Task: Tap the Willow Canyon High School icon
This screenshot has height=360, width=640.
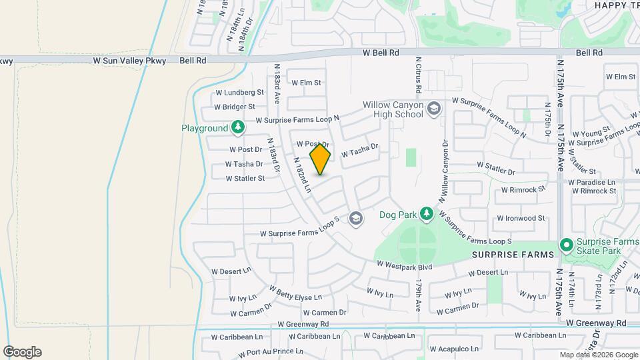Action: (x=434, y=108)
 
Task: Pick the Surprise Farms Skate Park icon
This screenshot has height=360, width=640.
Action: (x=567, y=246)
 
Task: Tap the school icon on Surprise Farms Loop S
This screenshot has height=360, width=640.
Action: (x=356, y=218)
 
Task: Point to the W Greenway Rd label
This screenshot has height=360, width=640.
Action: (x=303, y=324)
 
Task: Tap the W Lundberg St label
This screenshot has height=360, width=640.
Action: (x=239, y=93)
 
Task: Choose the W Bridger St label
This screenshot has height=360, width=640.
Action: (x=235, y=107)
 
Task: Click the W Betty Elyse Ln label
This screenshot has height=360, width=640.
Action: (x=295, y=293)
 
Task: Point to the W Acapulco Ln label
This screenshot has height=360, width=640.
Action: (x=455, y=349)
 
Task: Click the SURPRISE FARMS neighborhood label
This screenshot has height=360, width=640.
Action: (x=513, y=255)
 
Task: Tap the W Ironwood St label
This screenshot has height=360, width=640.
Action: (x=521, y=218)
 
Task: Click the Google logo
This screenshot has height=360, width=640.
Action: (x=22, y=352)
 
